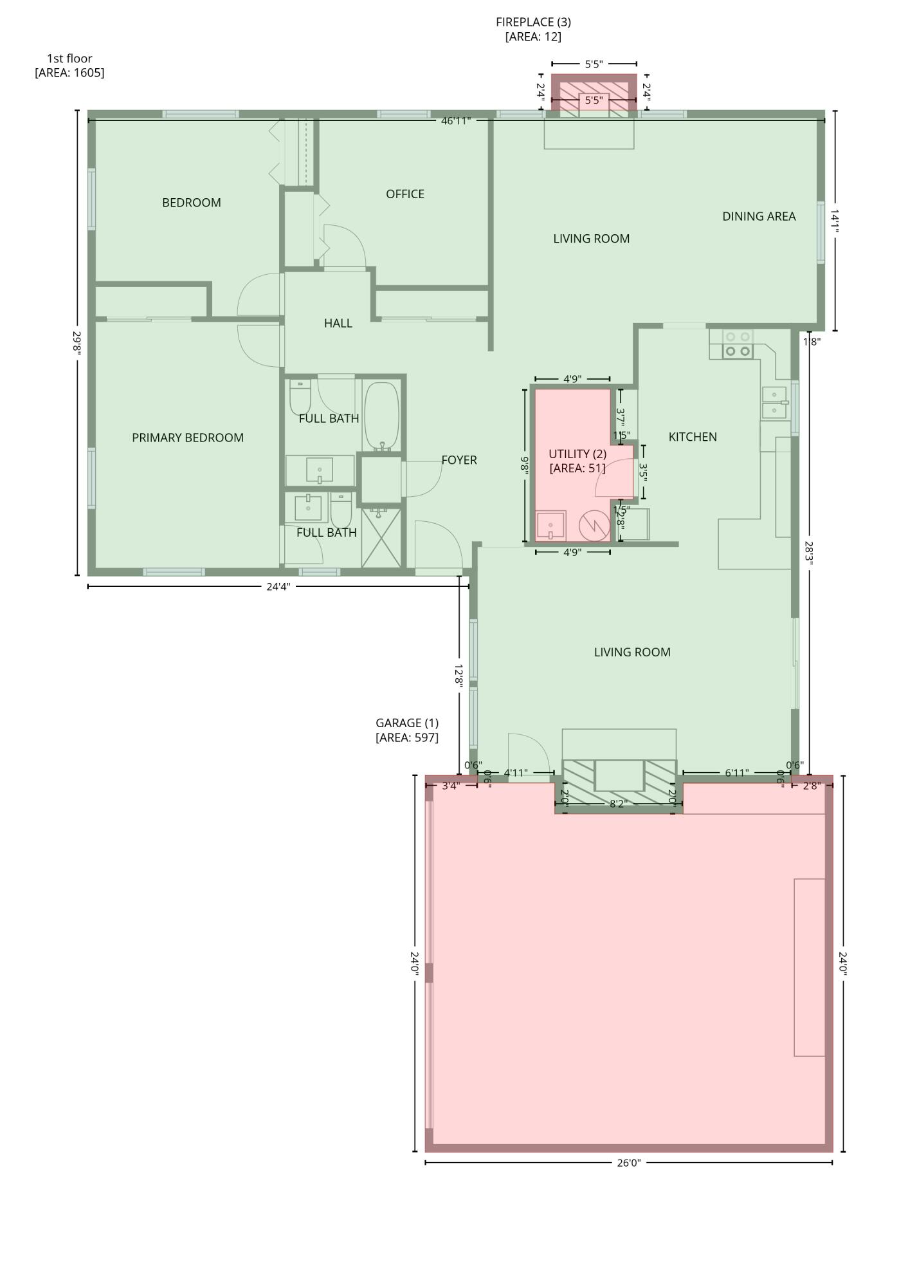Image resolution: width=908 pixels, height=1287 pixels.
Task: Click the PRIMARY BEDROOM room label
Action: pos(188,438)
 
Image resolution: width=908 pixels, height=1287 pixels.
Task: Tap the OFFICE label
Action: pos(404,194)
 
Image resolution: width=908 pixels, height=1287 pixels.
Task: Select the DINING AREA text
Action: pos(758,216)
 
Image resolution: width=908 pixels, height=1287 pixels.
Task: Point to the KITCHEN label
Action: pos(692,437)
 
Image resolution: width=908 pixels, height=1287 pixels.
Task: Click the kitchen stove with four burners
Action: pos(738,344)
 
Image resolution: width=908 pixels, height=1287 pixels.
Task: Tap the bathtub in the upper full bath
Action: pos(381,415)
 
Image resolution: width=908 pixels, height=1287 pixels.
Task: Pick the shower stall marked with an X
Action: pos(381,538)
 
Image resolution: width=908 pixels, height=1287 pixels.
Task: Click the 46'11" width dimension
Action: pos(455,120)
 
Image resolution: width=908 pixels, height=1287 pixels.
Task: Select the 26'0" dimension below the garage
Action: pos(628,1163)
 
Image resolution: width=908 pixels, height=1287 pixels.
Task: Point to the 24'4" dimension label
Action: pos(278,586)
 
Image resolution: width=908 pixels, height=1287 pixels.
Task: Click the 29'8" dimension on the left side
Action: pos(77,342)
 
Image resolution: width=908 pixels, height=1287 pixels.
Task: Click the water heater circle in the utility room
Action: pos(594,526)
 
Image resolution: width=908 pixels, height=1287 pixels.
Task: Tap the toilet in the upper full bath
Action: pos(300,397)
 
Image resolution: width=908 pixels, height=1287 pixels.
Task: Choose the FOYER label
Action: pos(459,460)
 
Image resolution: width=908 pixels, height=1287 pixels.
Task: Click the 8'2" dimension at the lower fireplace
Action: pos(617,804)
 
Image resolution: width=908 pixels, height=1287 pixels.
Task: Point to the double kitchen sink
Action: pos(774,402)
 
